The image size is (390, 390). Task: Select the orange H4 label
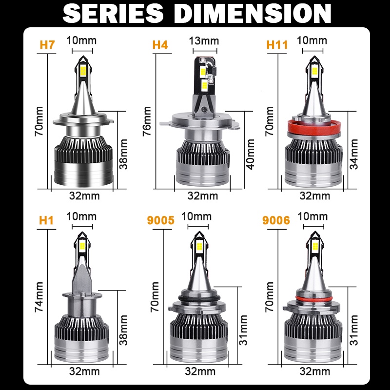click(x=160, y=45)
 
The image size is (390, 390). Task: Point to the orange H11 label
click(x=277, y=45)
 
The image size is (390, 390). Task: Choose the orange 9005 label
click(x=160, y=220)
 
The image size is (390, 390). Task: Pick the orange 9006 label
click(x=276, y=220)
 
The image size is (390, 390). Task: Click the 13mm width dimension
click(x=204, y=40)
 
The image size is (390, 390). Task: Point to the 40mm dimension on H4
click(x=251, y=154)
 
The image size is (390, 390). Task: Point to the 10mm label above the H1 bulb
click(x=81, y=216)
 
